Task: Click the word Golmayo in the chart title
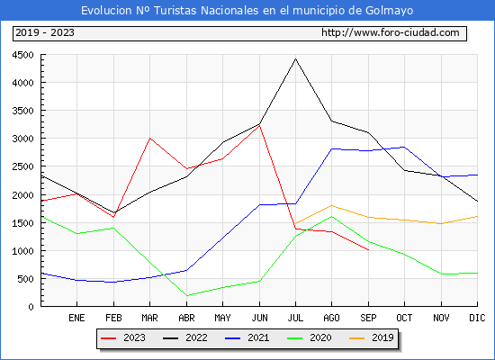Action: pyautogui.click(x=389, y=11)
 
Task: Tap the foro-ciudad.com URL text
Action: pyautogui.click(x=391, y=32)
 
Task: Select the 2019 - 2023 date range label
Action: pyautogui.click(x=45, y=32)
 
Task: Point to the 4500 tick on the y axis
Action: pyautogui.click(x=22, y=55)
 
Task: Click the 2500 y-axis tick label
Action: pyautogui.click(x=22, y=166)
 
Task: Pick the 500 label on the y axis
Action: pyautogui.click(x=25, y=279)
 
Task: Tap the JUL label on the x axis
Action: pyautogui.click(x=295, y=318)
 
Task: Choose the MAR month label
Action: pyautogui.click(x=149, y=318)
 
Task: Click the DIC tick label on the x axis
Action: pyautogui.click(x=477, y=318)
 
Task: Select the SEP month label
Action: pyautogui.click(x=368, y=318)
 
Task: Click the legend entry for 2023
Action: pyautogui.click(x=123, y=337)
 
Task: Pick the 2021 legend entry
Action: pyautogui.click(x=247, y=337)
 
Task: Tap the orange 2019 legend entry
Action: pyautogui.click(x=371, y=337)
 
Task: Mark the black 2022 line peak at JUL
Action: pyautogui.click(x=295, y=58)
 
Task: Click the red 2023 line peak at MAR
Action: pyautogui.click(x=149, y=138)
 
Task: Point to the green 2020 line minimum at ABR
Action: pyautogui.click(x=187, y=295)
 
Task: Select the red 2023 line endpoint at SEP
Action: pyautogui.click(x=368, y=250)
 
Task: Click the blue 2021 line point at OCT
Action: pyautogui.click(x=404, y=147)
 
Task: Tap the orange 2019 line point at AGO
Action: pyautogui.click(x=331, y=205)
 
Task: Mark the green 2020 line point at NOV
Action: pyautogui.click(x=441, y=274)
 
